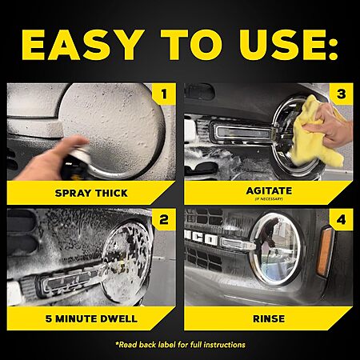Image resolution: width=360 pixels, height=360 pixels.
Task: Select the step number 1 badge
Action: click(164, 94)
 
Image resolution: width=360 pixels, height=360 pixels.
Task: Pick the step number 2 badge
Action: click(164, 220)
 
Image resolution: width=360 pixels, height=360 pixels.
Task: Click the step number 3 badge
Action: click(342, 94)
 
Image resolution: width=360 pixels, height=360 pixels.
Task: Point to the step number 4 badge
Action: click(342, 220)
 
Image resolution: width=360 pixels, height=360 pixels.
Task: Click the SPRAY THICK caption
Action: click(91, 193)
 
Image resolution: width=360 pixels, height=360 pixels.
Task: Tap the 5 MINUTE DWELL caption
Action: click(91, 318)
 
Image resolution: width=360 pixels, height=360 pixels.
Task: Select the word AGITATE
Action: click(269, 190)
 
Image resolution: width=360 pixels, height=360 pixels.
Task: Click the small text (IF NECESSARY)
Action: click(269, 199)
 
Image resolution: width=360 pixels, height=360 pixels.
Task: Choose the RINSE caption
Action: click(269, 318)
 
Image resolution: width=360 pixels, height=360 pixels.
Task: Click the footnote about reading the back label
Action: click(180, 345)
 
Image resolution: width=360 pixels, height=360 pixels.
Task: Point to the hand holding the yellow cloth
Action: click(330, 126)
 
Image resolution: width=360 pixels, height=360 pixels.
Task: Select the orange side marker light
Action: click(326, 251)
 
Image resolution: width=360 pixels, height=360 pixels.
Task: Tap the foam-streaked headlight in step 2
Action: click(126, 262)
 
